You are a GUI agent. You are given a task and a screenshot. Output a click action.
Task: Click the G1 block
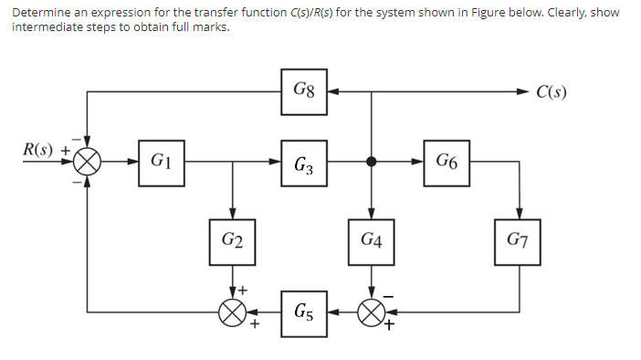(x=161, y=163)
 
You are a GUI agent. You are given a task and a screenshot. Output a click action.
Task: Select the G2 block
(x=233, y=240)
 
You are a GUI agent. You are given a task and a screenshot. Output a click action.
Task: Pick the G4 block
(x=371, y=240)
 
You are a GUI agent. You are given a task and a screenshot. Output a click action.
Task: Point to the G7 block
(x=519, y=240)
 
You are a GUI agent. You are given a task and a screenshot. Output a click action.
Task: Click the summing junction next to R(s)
(x=88, y=163)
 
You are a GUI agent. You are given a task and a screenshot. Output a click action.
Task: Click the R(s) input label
(x=38, y=149)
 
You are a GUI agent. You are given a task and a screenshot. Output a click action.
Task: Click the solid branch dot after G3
(x=371, y=163)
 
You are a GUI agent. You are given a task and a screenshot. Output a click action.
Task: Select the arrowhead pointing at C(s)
(x=524, y=91)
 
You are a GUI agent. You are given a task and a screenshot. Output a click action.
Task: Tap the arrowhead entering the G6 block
(x=418, y=163)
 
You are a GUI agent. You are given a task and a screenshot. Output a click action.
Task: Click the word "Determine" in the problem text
(x=42, y=12)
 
